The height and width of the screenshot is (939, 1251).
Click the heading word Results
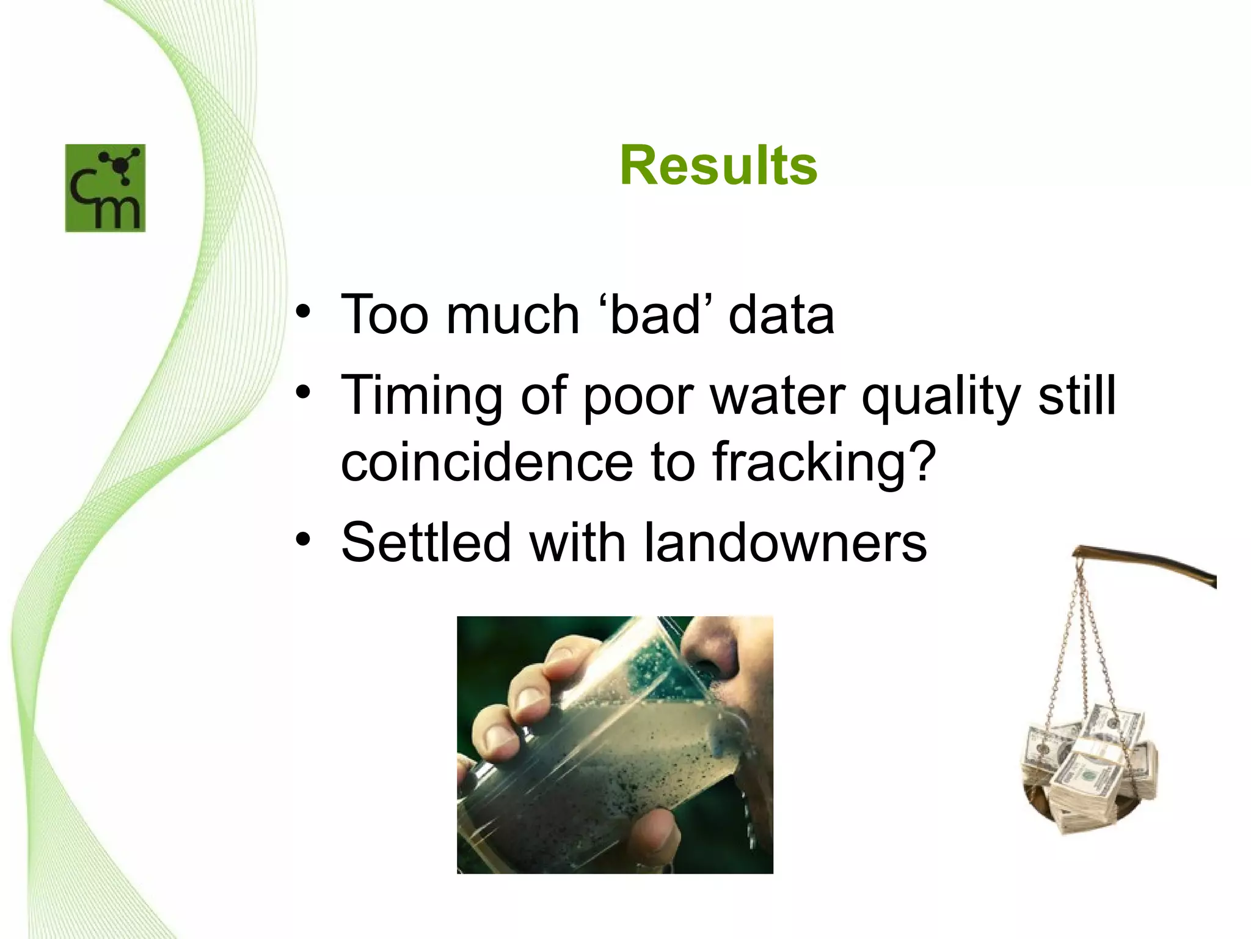pos(718,166)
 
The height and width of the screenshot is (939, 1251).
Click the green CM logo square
pos(105,188)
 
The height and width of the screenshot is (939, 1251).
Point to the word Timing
pos(421,396)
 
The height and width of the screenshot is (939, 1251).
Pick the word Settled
pos(426,542)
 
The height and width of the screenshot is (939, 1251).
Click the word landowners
pos(786,542)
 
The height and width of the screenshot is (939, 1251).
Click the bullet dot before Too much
pos(303,313)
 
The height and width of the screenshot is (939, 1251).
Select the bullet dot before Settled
pos(303,540)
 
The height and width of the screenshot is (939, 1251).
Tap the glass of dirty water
pos(605,752)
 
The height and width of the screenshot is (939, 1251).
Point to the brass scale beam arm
pos(1148,562)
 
